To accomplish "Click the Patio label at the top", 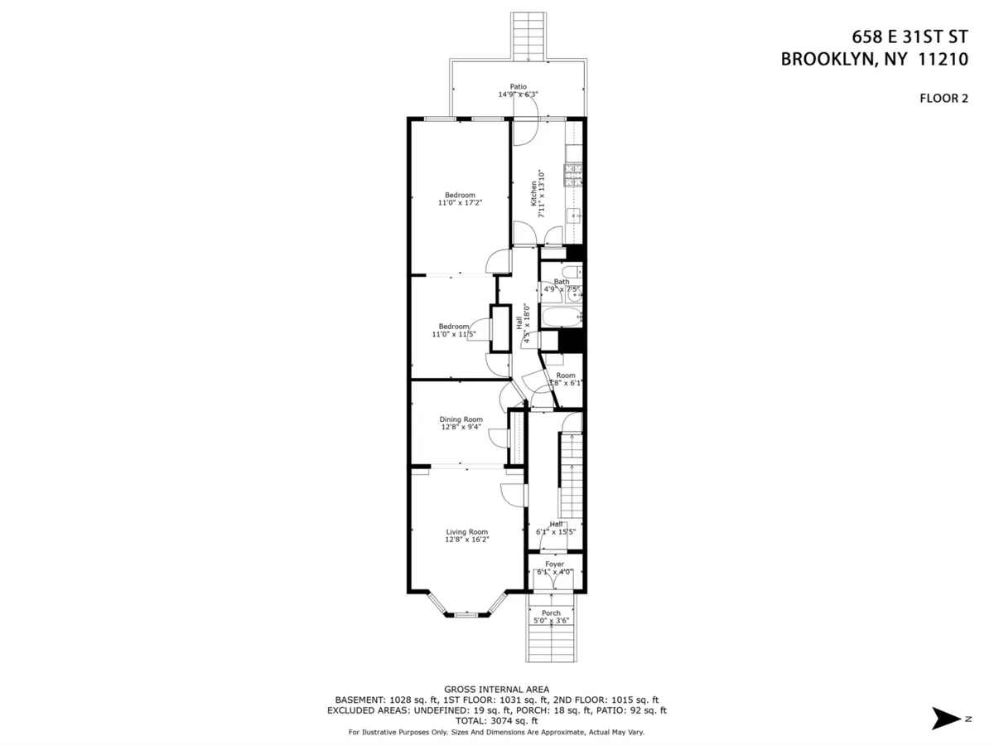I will click(x=519, y=86).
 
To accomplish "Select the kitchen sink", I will click(x=574, y=217).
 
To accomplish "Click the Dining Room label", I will click(x=461, y=419).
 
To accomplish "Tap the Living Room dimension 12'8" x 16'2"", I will click(x=467, y=540).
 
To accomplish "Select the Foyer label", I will click(x=554, y=564).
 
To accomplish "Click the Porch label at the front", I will click(x=551, y=613).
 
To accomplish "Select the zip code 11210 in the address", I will click(x=941, y=59).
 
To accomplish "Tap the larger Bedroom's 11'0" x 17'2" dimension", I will click(x=460, y=202).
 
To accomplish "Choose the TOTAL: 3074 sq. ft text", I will click(x=496, y=721).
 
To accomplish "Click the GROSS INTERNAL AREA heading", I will click(x=496, y=689).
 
